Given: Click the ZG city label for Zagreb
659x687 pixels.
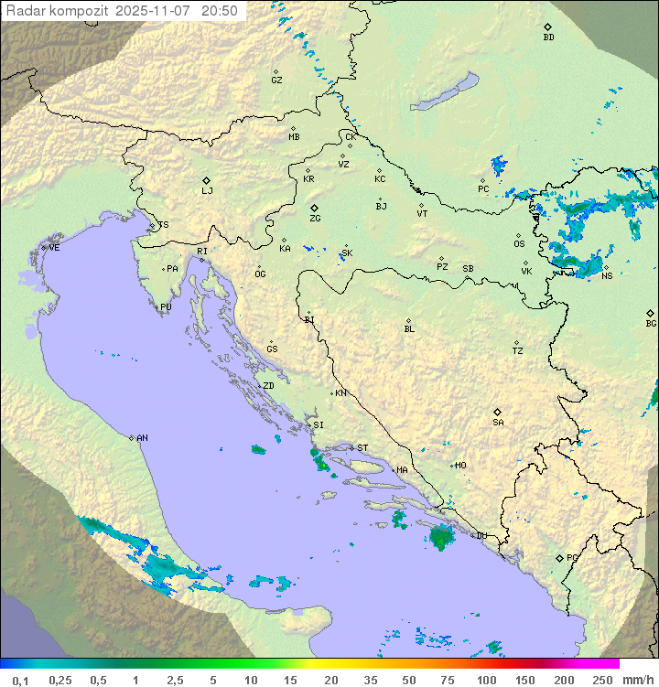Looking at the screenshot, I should coord(315,219).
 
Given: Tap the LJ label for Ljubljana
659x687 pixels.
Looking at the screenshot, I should coord(207,191).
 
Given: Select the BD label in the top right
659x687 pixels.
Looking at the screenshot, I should coord(548,38).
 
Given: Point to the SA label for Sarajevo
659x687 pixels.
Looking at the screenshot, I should coord(498,423).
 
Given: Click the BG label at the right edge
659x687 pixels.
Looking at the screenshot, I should coord(651,323).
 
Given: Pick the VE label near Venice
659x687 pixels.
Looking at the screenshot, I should coord(54,248).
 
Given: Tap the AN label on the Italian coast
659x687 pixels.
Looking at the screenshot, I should coord(142,438).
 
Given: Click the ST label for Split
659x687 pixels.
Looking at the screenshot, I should coord(362,448).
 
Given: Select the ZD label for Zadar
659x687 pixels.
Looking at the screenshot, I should coord(268,386).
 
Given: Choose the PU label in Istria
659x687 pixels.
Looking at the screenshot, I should coord(166,307).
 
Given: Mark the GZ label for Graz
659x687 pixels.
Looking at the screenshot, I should coord(276,81).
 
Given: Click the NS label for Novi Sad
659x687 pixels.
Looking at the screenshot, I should coord(607,275).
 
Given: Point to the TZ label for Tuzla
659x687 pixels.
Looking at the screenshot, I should coord(518,351).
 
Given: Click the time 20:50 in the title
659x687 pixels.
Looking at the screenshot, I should coord(220,11).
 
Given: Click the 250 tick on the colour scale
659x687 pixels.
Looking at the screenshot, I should coord(601,680).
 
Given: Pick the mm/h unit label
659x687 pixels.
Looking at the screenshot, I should coord(637,680).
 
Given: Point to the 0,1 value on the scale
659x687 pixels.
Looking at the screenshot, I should coord(20,680).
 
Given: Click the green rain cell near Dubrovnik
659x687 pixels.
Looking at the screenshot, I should coord(443,538).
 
